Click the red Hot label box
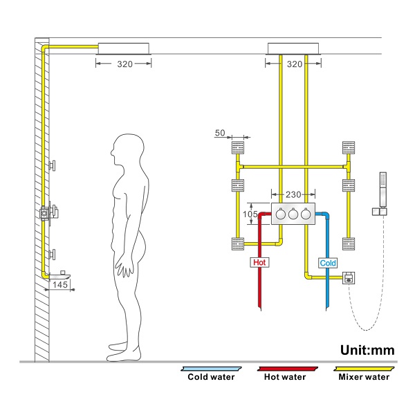259,263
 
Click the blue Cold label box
328,264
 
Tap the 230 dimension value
293,196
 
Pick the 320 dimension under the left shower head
125,63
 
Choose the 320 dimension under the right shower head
295,63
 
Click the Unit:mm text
367,350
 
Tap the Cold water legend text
211,377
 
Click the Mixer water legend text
364,377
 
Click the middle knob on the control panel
293,214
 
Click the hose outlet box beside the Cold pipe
349,278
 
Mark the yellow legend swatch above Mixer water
363,369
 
